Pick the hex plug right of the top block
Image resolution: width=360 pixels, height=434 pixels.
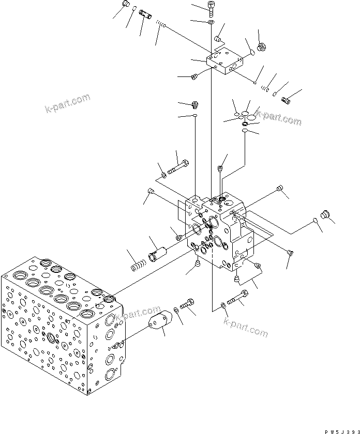click(x=261, y=47)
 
